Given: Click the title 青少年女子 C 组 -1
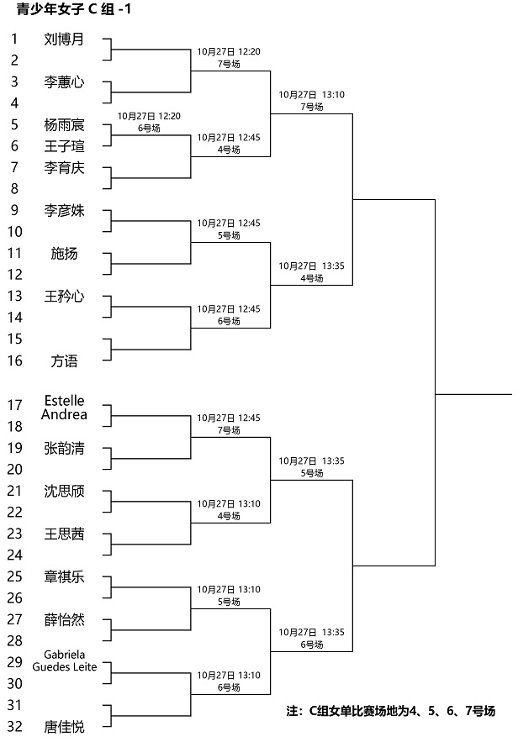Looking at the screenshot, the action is (73, 8).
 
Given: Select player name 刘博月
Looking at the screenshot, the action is (64, 39).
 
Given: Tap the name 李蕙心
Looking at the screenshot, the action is (64, 82).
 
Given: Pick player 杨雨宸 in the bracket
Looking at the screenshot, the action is (64, 125).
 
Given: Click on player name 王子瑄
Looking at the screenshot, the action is (64, 146).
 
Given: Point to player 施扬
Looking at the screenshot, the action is (64, 254).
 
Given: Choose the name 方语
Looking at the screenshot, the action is (64, 361).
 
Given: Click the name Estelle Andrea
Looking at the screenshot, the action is (64, 408).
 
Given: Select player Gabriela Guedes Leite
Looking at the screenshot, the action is (65, 661).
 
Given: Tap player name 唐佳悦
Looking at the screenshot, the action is (64, 726).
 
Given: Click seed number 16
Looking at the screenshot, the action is (14, 360).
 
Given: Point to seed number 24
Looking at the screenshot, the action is (14, 555).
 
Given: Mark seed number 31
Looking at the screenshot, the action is (14, 705).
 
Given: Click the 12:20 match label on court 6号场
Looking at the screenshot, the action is (149, 122).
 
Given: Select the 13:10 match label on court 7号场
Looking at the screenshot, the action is (312, 101).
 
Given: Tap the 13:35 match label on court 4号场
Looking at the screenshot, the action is (312, 272).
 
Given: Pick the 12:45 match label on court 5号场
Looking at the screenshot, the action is (229, 229).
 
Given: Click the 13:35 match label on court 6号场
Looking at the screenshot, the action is (312, 639).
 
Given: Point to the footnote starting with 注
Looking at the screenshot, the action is (391, 711).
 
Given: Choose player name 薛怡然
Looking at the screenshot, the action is (64, 619).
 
